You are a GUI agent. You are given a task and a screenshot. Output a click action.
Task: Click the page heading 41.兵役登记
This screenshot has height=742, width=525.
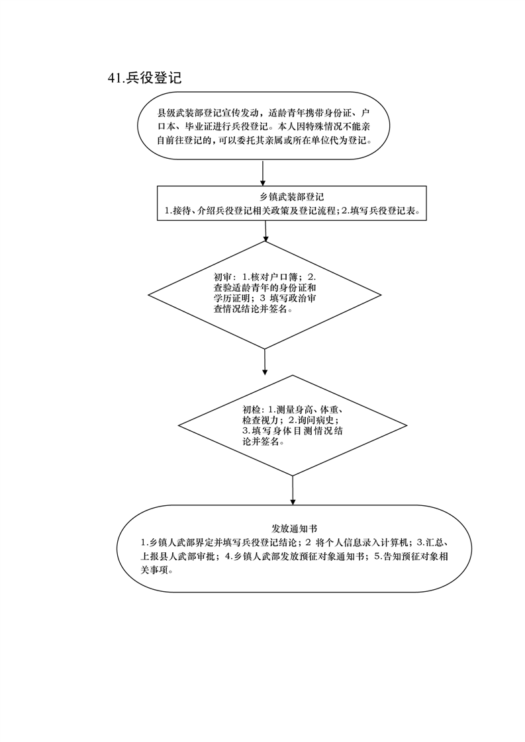click(x=144, y=78)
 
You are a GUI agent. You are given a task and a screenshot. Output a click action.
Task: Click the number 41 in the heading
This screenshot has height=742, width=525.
click(x=115, y=78)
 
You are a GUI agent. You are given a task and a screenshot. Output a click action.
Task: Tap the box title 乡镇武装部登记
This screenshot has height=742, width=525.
click(x=291, y=197)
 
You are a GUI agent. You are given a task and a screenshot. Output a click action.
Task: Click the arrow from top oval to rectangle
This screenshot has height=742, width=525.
click(x=262, y=173)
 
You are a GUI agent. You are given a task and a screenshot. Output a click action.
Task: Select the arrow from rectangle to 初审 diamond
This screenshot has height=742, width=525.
click(x=266, y=231)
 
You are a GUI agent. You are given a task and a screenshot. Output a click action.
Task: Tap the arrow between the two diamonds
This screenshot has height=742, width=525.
click(x=264, y=362)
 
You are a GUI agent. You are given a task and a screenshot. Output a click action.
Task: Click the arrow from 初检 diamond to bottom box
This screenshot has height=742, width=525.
click(x=293, y=490)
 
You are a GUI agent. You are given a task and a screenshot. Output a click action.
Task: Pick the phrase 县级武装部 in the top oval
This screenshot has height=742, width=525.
click(x=179, y=114)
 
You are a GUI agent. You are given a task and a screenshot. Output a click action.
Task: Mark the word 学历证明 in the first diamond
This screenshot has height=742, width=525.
click(x=232, y=298)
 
